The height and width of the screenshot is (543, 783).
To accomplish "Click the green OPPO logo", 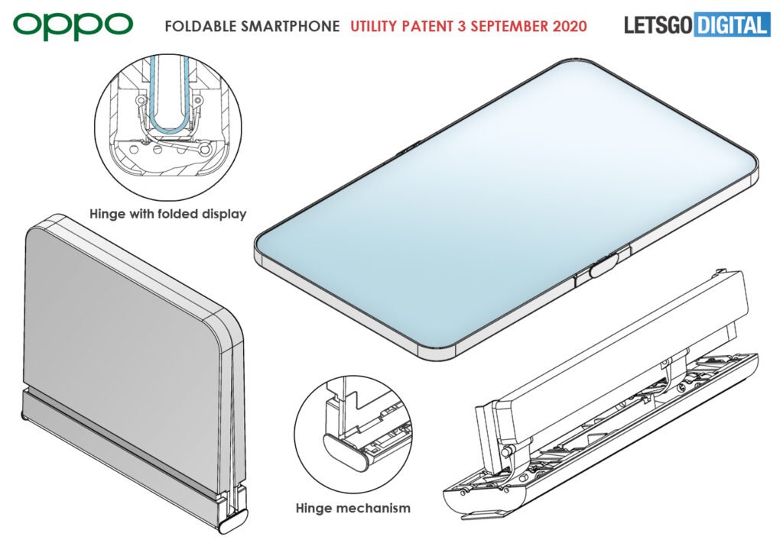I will pos(73,25).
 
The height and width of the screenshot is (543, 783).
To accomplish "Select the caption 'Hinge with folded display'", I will pos(168,214).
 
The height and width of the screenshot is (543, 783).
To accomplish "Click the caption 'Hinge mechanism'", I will pos(353,507).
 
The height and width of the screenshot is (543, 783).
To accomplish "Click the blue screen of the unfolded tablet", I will pos(505,206).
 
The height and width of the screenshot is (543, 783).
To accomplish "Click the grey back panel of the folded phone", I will pos(122,313).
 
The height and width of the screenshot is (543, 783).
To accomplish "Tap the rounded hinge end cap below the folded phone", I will pos(232,526).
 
